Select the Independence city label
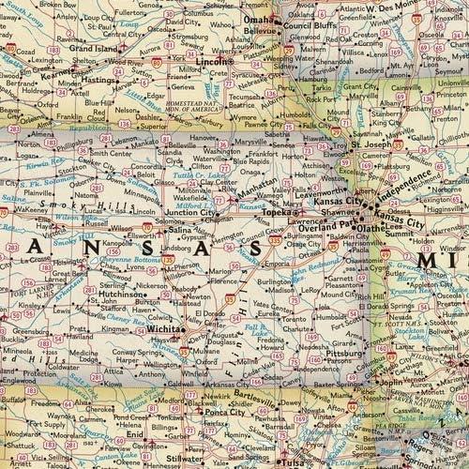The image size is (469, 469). coord(409,175)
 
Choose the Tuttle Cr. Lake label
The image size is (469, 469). coord(213,175)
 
